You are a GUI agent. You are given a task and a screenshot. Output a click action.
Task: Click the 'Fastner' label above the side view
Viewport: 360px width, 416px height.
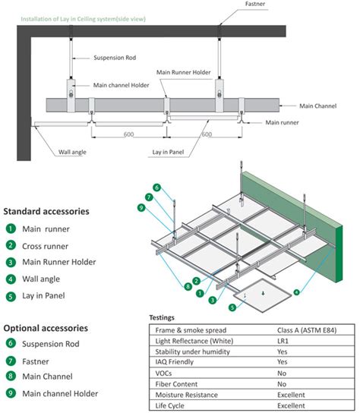[x=255, y=4]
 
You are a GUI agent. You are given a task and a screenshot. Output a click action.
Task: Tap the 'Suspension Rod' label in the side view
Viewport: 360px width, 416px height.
[x=115, y=58]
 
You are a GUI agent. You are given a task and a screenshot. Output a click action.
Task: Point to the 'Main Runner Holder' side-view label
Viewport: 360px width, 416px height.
[x=184, y=72]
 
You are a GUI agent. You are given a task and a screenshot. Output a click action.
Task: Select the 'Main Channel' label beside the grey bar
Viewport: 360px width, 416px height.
[x=317, y=106]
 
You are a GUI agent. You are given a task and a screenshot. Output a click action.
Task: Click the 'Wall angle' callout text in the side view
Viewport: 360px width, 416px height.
[x=72, y=152]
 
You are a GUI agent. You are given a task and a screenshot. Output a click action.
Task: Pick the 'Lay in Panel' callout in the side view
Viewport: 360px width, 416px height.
[x=168, y=152]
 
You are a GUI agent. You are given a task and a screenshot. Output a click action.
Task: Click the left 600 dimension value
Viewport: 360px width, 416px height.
[x=129, y=134]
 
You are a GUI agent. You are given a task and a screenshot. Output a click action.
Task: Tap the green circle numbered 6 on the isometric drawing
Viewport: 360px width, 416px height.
[x=157, y=188]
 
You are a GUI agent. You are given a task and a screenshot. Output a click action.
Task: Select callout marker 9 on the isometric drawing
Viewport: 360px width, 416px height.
[x=141, y=207]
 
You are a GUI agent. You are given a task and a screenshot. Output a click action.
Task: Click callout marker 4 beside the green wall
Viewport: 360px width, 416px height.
[x=296, y=292]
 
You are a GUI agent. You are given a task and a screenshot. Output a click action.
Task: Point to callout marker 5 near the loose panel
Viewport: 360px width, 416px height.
[x=232, y=307]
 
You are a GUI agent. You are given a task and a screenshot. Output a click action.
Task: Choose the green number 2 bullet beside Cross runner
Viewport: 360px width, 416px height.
[x=11, y=245]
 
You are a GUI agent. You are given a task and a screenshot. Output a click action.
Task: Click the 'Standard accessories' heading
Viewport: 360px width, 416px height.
[x=46, y=211]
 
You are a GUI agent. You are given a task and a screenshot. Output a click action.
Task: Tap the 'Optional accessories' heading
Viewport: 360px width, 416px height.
[x=46, y=328]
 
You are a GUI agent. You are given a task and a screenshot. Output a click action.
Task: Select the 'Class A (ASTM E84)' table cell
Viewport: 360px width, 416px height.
[x=307, y=330]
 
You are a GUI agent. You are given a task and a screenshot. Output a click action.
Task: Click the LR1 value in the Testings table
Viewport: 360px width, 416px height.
[x=283, y=341]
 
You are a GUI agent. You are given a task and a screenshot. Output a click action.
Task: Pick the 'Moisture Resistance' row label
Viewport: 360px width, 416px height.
[x=186, y=395]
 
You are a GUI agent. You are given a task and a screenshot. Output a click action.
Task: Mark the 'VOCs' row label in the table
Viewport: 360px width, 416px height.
[x=163, y=373]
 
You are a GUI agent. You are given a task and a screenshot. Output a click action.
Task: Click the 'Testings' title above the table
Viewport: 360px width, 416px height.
[x=162, y=317]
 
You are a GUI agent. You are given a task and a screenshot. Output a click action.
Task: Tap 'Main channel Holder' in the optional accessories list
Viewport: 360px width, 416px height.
[x=60, y=393]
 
